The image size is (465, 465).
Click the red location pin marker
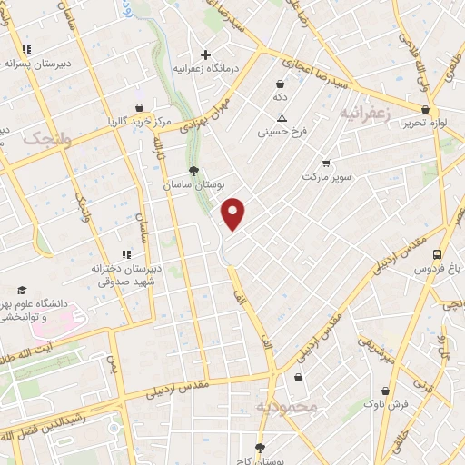234,214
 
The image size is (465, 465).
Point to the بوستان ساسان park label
193,184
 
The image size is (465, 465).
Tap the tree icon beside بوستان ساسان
193,170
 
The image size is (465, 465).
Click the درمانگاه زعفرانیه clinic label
206,68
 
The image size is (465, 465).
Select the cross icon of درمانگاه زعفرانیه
206,54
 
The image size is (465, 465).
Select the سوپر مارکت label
326,174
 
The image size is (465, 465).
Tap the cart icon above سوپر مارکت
326,162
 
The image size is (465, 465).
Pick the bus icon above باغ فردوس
438,255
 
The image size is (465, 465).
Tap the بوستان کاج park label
260,460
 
